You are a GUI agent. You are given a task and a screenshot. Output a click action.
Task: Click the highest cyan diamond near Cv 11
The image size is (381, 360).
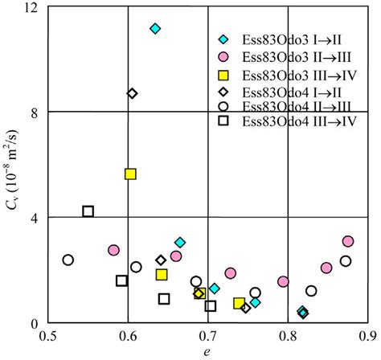coord(155,29)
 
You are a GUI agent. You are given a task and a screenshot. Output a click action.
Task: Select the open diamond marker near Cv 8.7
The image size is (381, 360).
coord(133,93)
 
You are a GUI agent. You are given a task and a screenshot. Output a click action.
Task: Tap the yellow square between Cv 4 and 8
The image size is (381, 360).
coord(130,174)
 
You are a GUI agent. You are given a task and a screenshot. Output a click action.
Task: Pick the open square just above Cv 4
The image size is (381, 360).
coord(88,211)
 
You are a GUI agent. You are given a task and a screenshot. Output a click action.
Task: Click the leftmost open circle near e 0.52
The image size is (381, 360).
coord(68,260)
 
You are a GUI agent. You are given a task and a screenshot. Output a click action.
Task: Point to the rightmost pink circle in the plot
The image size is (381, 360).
coord(347,241)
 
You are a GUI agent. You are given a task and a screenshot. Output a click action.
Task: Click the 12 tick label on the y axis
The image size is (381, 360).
coord(33,8)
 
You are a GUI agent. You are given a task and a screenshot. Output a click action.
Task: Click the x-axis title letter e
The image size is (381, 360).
coord(208,351)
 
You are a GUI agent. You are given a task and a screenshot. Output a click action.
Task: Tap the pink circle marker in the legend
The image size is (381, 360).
coord(225,57)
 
